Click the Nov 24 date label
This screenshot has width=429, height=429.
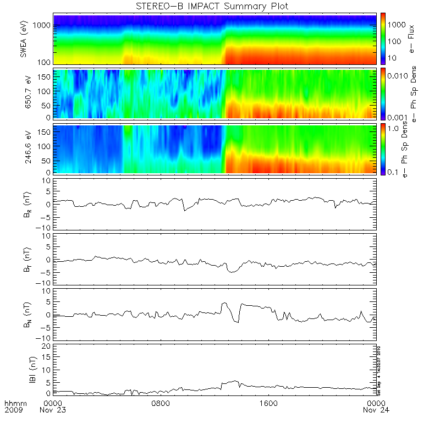click(x=374, y=410)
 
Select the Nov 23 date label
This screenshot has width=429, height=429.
click(x=54, y=410)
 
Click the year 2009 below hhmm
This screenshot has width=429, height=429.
click(x=13, y=410)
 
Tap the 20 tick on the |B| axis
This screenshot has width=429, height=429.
click(x=47, y=345)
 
